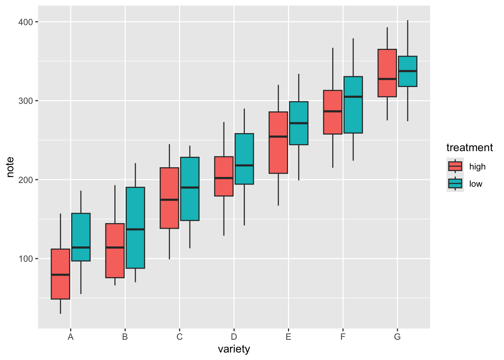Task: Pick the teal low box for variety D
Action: coord(244,150)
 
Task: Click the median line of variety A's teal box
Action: coord(81,247)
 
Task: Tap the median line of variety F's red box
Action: coord(333,111)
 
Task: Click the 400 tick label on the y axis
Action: coord(26,22)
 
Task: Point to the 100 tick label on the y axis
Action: coord(26,259)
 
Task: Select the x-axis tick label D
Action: coord(234,337)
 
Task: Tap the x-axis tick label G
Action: coord(397,337)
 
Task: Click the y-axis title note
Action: coord(10,167)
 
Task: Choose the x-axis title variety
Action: coord(234,349)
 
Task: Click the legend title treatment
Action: coord(469,148)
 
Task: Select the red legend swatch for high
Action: coord(455,166)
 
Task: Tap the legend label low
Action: coord(475,184)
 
